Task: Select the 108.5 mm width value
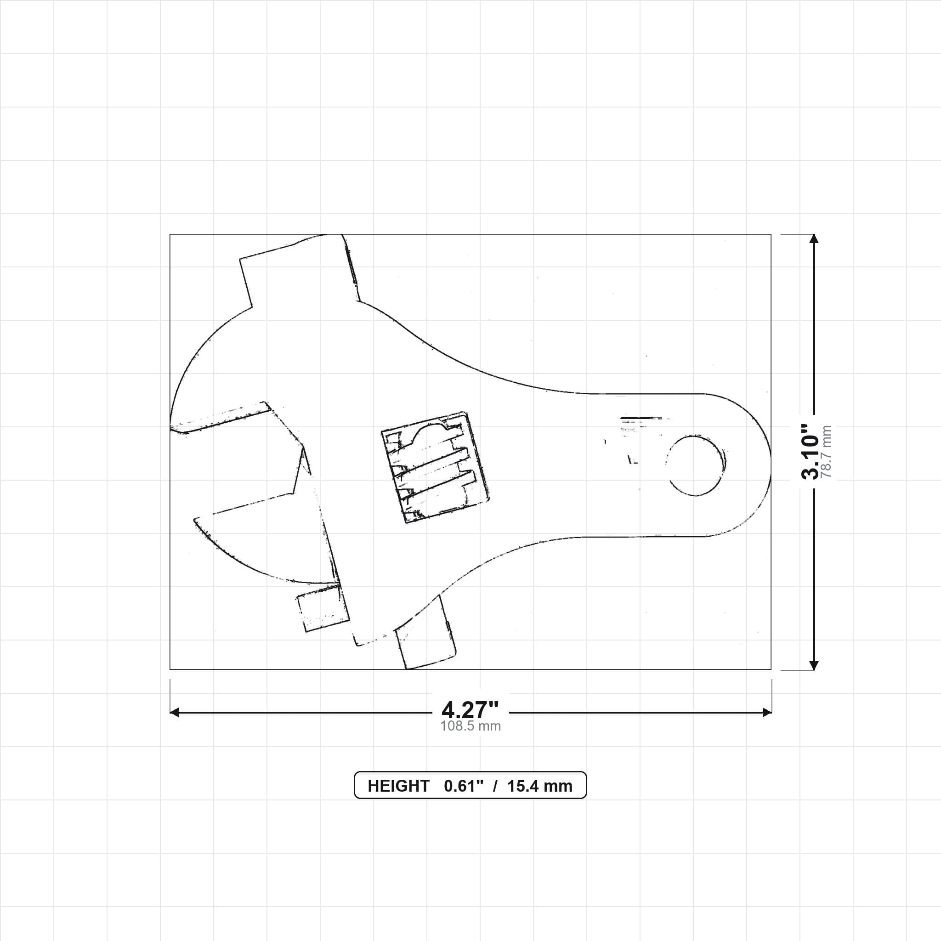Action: [x=470, y=726]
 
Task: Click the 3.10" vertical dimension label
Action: [x=810, y=452]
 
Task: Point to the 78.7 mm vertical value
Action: [x=826, y=452]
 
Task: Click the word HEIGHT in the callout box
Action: [x=398, y=786]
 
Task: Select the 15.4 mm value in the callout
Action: [x=540, y=786]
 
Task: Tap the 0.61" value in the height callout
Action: [x=464, y=786]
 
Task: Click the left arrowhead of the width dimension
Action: [x=174, y=713]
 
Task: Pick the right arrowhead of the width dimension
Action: [x=767, y=713]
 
